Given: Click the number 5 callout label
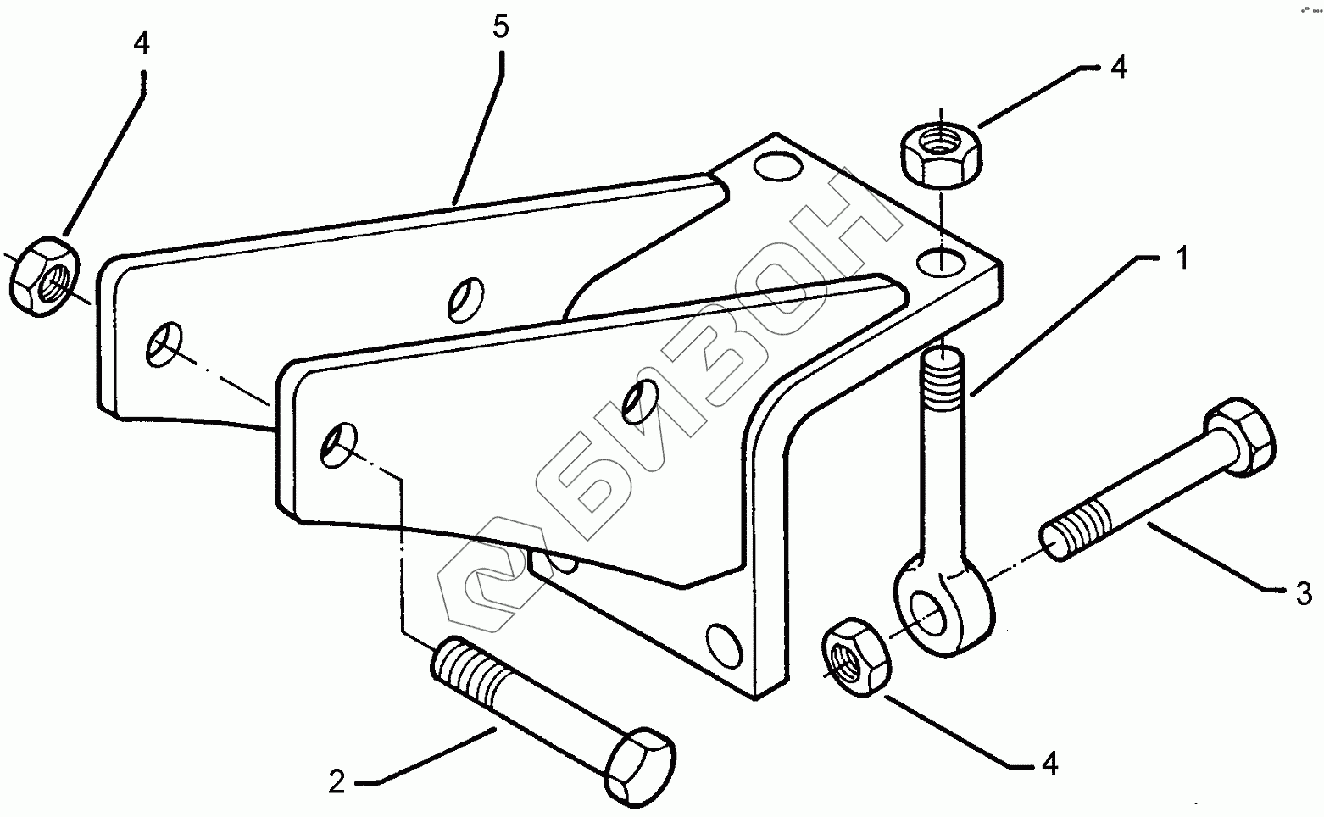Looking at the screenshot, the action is [500, 27].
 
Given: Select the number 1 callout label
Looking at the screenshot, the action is [1182, 259].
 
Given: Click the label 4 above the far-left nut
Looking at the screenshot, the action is [142, 44].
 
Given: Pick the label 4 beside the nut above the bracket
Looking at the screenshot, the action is [1119, 68].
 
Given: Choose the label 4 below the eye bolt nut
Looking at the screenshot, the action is [1049, 764].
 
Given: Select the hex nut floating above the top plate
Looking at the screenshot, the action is [939, 153].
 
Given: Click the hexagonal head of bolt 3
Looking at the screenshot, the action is [1241, 435].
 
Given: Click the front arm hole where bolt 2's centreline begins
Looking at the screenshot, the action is [338, 443].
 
